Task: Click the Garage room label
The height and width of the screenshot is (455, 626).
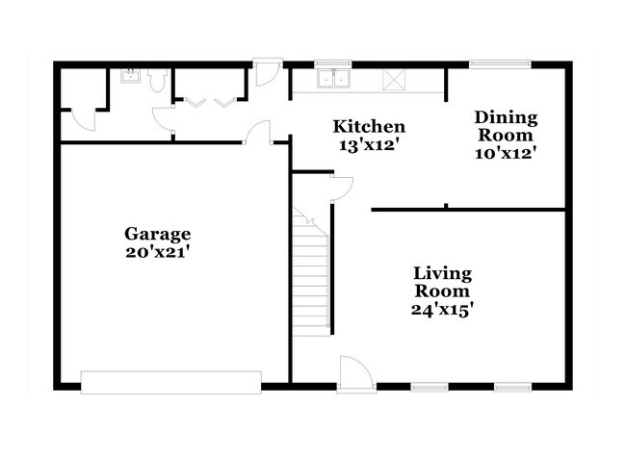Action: coord(158,233)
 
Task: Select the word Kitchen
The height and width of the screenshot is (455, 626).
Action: coord(369,126)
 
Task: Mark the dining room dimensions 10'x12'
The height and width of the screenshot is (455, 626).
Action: coord(506,151)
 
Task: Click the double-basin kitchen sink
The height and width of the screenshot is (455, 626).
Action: coord(333,79)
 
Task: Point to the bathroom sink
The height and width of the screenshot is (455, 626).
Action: coord(132,78)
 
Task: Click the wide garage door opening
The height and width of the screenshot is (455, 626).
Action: coord(170,382)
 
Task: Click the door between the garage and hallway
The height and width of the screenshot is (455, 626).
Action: coord(256,135)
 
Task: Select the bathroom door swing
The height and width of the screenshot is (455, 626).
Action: coord(163,118)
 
